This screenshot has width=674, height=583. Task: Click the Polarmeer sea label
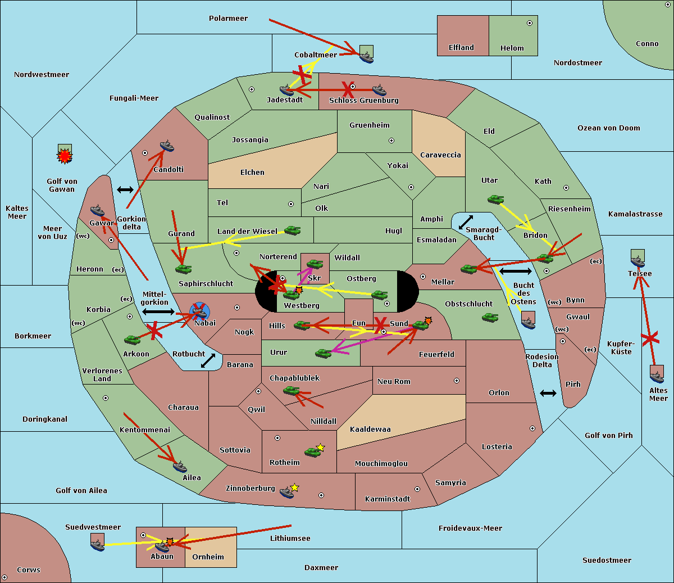[228, 19]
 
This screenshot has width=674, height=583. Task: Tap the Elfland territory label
[461, 48]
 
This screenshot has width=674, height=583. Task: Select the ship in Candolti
[167, 147]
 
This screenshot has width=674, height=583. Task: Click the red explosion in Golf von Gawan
[65, 155]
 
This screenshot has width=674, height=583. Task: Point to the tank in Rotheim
[313, 451]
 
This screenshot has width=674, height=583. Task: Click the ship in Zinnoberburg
[287, 492]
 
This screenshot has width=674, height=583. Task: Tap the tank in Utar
[495, 199]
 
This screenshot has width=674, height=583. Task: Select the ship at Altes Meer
[657, 375]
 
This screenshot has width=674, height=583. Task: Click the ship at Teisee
[637, 260]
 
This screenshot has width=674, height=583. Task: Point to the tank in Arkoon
[133, 340]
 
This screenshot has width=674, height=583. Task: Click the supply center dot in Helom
[529, 23]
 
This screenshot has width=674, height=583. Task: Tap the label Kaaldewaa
[370, 430]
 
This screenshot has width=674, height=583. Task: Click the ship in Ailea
[180, 466]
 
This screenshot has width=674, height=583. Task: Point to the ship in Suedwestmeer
[97, 543]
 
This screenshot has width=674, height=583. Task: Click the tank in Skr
[315, 264]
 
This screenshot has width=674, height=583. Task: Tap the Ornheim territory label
[208, 557]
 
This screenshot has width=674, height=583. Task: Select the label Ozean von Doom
[608, 128]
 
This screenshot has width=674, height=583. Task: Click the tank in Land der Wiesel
[292, 230]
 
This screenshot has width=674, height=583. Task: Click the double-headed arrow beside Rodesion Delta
[548, 394]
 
